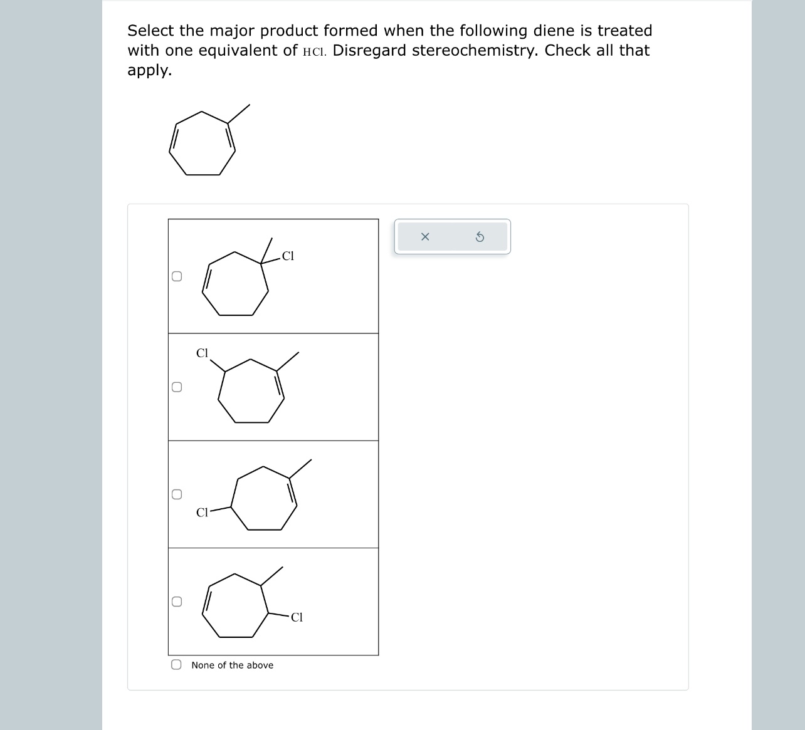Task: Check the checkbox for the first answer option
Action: (177, 276)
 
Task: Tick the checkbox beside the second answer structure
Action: (177, 387)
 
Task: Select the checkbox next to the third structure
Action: (177, 494)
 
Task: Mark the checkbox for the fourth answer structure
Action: (177, 602)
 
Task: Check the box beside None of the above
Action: (177, 665)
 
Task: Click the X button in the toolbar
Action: (425, 237)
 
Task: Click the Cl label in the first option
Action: (288, 256)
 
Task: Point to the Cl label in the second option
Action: (202, 353)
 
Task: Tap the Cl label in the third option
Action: (202, 513)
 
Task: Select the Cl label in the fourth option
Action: (297, 617)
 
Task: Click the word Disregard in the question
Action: (369, 50)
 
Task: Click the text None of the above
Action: (232, 665)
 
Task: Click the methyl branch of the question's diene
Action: (238, 113)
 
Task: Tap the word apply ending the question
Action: (148, 71)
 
